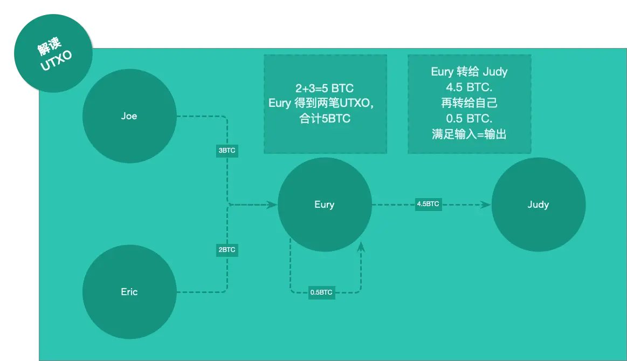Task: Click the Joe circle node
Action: (x=129, y=116)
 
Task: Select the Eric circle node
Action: (x=129, y=292)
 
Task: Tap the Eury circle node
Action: (x=325, y=205)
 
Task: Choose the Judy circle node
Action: (x=538, y=205)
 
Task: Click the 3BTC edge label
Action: (x=226, y=151)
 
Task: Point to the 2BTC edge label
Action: (x=226, y=250)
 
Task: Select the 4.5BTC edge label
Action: (x=428, y=204)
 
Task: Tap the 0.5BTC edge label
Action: (x=321, y=293)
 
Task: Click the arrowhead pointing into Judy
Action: (x=486, y=205)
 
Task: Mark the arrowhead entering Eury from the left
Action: (x=272, y=205)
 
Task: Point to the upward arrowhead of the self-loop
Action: (x=361, y=247)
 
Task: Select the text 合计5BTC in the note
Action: (x=325, y=119)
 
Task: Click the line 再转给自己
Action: (x=469, y=103)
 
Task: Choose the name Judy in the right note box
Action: (x=495, y=72)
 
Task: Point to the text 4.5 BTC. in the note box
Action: (x=469, y=87)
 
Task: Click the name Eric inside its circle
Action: (x=129, y=292)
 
